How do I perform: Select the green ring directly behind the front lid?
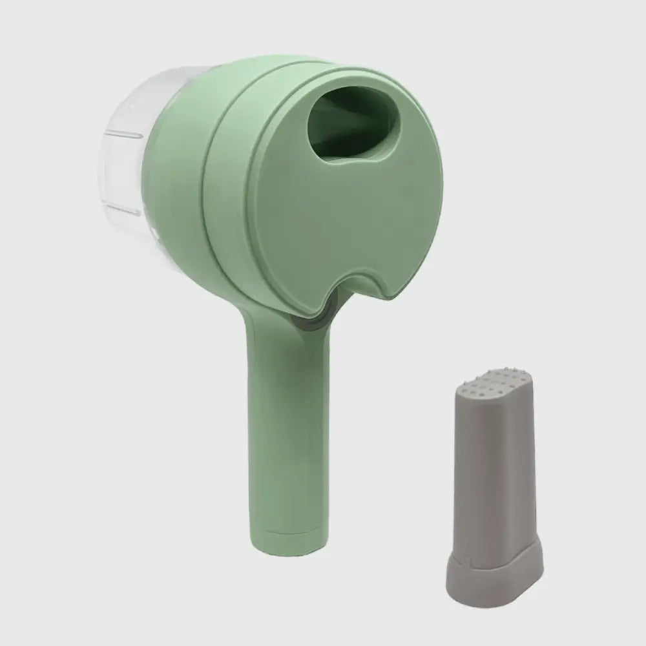223,194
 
